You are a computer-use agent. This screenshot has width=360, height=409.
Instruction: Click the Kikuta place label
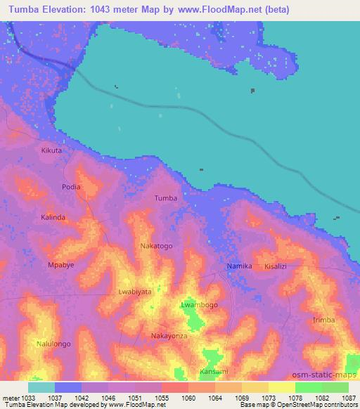51,150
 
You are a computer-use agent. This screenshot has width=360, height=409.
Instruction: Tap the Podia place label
71,187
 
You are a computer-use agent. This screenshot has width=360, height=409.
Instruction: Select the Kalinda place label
53,217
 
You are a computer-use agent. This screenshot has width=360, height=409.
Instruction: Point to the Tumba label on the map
165,198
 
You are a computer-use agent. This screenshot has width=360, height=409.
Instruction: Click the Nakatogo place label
156,246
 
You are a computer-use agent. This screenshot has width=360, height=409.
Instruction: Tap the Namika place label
239,267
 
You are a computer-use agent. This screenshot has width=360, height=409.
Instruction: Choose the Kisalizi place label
278,267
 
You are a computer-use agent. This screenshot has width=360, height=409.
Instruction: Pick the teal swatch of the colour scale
41,387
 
